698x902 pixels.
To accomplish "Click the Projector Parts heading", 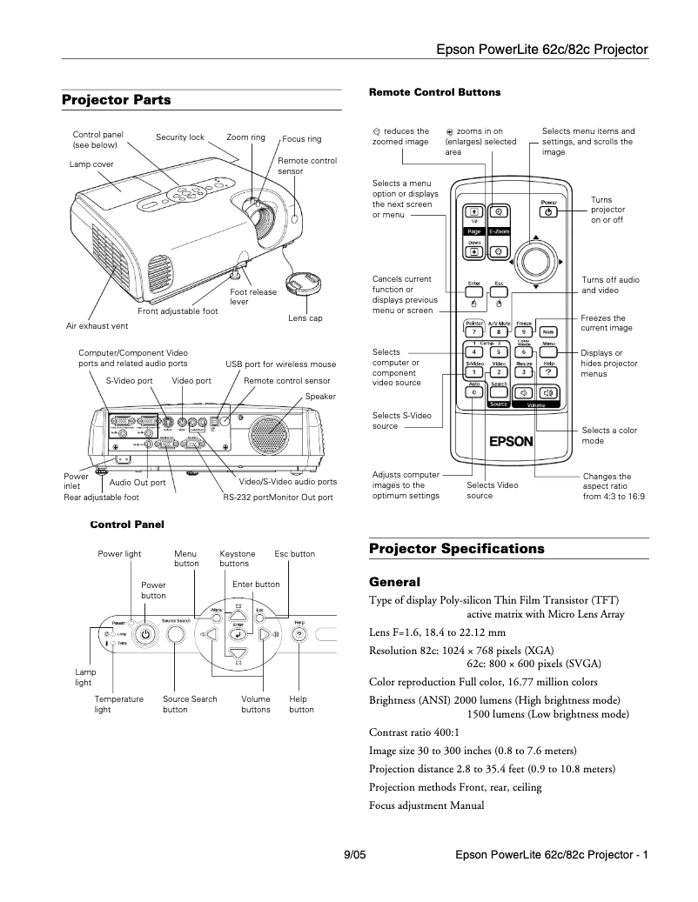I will click(117, 100).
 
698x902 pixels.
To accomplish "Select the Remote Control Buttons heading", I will click(434, 91).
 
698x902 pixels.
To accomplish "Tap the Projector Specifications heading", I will click(456, 548).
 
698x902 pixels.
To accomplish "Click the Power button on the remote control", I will click(548, 210).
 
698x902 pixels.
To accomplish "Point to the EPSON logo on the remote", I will click(510, 440).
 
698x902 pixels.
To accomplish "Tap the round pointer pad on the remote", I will click(537, 259).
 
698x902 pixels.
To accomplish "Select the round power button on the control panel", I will click(146, 634).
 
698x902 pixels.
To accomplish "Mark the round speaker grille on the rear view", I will click(268, 431).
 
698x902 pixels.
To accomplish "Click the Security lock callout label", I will click(180, 137).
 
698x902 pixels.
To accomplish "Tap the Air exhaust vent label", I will click(97, 326).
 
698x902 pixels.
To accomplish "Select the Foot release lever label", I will click(253, 297).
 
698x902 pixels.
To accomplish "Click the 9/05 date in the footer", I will click(355, 855).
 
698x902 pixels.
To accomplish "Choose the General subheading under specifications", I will click(394, 581).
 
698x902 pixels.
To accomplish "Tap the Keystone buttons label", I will click(238, 558).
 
